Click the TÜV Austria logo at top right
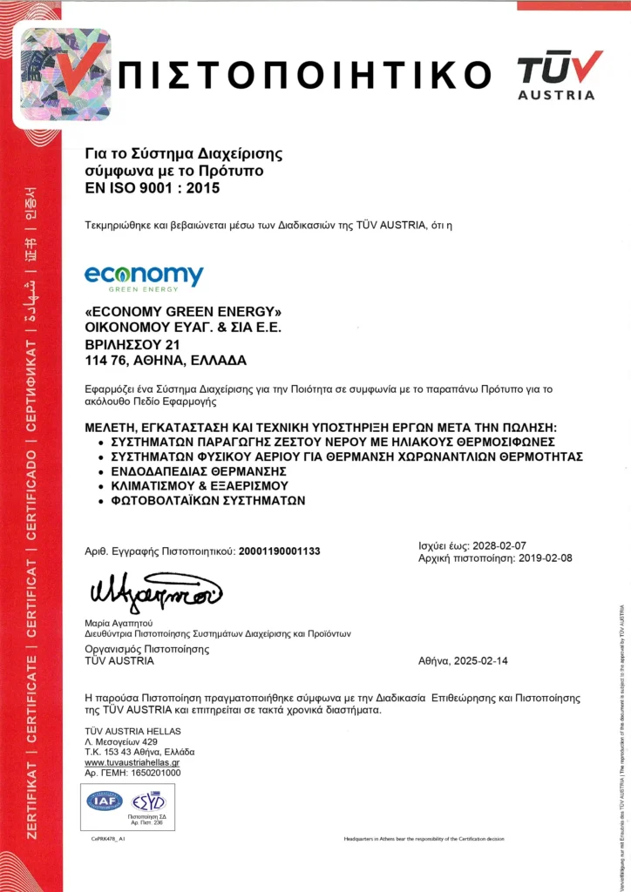559,74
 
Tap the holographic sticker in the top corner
65,74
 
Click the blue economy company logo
144,277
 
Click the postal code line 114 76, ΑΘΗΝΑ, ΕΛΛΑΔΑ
166,360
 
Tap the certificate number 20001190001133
280,551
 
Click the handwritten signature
155,595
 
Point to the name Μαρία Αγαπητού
119,623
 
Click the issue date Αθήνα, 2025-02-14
464,660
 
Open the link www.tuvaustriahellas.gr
132,762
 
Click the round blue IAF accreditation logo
105,801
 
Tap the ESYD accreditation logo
147,801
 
